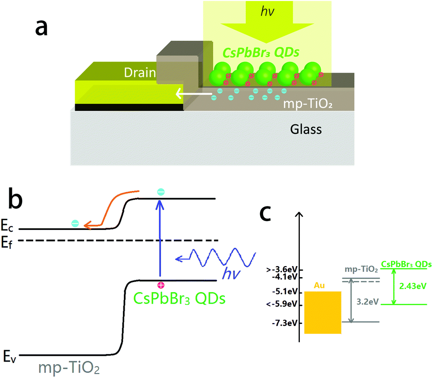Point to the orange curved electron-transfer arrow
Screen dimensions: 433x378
click(x=111, y=208)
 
